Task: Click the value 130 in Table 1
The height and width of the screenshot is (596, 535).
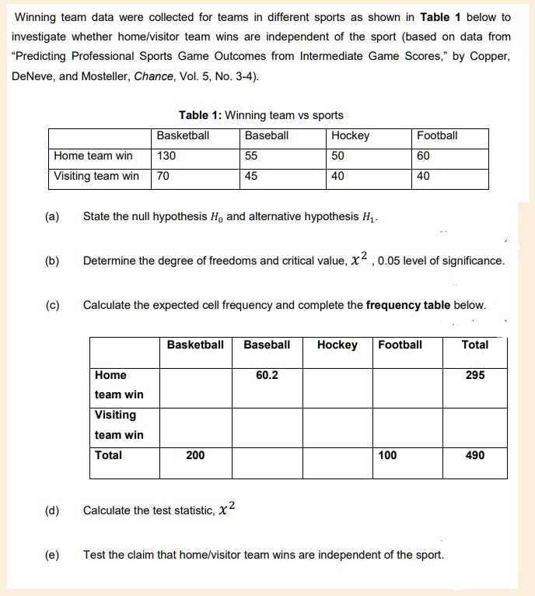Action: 166,156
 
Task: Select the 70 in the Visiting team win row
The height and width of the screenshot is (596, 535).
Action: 163,176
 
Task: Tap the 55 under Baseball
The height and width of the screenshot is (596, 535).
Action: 251,156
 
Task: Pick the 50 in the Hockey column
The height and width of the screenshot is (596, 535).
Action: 338,156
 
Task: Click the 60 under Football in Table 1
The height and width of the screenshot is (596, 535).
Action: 424,156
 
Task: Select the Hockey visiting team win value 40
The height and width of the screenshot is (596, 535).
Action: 338,176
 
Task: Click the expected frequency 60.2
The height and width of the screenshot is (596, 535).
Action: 267,375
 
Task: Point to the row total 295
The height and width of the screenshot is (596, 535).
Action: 474,375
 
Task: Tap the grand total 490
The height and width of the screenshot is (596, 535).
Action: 474,454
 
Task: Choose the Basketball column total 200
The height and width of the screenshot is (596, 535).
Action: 195,454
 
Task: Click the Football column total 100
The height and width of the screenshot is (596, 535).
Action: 387,454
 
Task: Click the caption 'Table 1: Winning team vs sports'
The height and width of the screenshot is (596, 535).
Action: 261,115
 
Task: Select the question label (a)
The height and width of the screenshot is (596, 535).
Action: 52,216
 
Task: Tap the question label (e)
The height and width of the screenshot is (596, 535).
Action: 52,555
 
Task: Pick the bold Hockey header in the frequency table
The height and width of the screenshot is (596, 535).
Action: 337,345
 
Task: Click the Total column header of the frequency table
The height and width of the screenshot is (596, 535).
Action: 474,345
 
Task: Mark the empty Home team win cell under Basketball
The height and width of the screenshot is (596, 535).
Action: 195,385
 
